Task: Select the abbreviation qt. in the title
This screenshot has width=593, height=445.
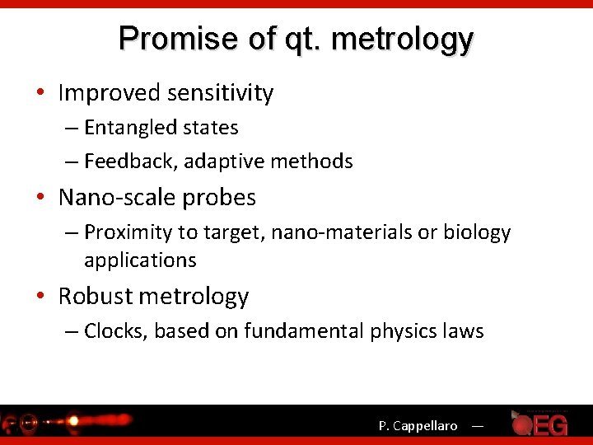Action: pos(293,39)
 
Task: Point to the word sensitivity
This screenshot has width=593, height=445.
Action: pos(222,93)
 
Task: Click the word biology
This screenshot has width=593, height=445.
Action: pos(477,233)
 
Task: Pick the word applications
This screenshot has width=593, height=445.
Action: pos(140,260)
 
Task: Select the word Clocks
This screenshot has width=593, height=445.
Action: pos(114,331)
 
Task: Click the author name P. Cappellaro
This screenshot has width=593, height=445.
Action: pos(418,426)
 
